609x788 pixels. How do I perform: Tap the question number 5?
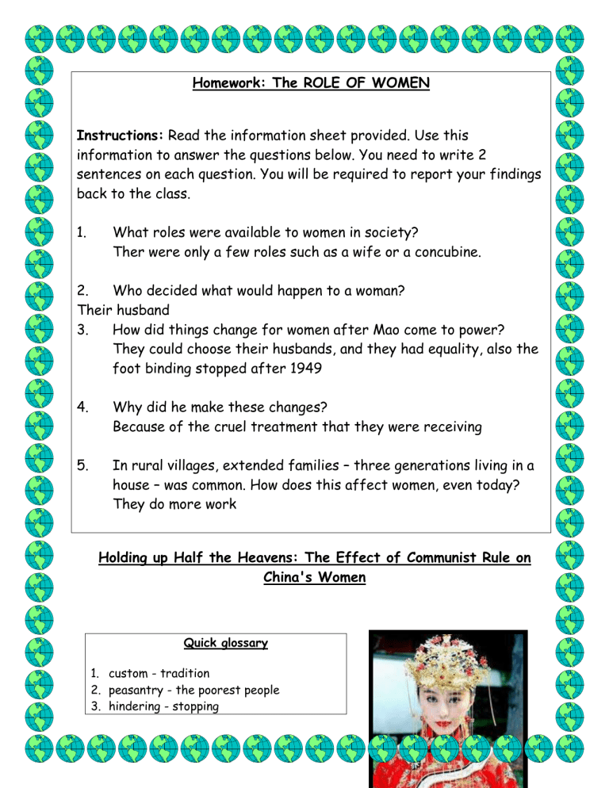click(82, 465)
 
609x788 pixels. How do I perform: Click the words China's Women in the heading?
click(314, 578)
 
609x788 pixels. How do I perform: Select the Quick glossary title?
click(225, 643)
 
